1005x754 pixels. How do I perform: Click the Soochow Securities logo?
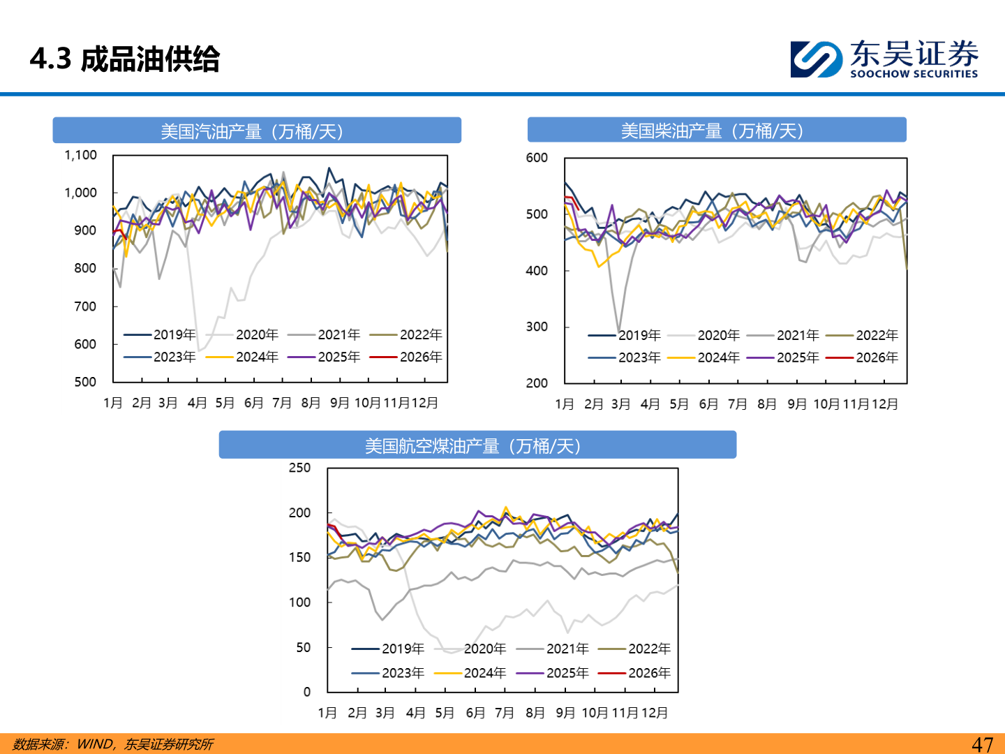(884, 59)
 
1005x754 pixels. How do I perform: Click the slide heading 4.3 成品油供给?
(125, 59)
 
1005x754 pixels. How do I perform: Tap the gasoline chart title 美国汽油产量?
(252, 131)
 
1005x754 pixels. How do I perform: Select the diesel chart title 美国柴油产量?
(713, 131)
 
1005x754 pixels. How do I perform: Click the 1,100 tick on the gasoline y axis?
(81, 155)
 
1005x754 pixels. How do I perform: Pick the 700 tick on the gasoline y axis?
(85, 306)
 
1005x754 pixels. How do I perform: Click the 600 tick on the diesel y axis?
(537, 158)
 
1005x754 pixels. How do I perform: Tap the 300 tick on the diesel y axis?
(537, 327)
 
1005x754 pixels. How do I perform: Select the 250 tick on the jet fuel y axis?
(299, 468)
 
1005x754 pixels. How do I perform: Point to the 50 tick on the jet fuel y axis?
(303, 647)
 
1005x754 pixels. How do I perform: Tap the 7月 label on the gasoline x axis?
(282, 403)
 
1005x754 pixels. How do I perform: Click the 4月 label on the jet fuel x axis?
(415, 713)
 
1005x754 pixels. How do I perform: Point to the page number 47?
(982, 744)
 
